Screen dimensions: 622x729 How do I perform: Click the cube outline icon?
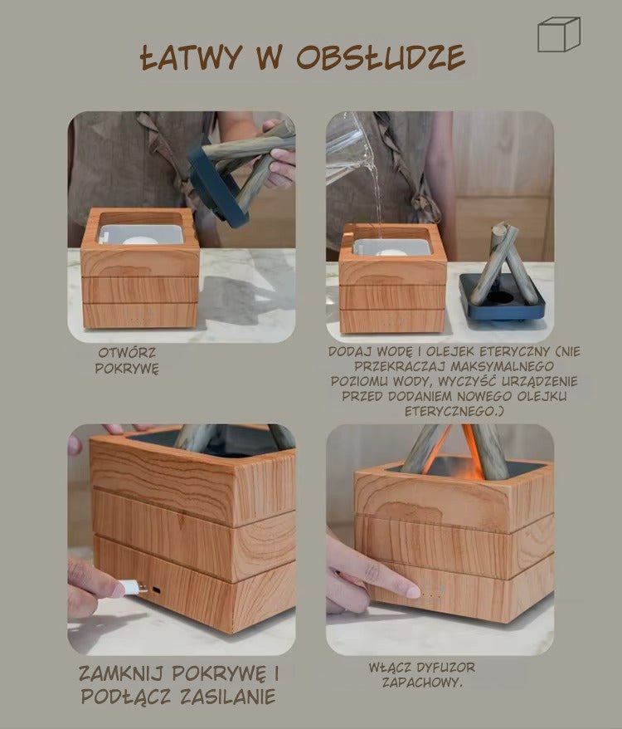559,34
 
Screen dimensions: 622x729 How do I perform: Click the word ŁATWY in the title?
191,57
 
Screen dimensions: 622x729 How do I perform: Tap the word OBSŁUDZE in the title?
381,57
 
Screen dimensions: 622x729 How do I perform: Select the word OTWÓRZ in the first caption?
127,352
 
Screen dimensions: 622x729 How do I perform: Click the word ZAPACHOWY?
422,683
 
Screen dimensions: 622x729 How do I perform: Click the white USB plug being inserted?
132,588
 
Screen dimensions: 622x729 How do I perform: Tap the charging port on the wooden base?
157,590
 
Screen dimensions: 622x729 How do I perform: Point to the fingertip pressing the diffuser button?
412,592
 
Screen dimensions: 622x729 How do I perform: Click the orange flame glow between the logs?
467,447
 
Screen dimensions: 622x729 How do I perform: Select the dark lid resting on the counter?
502,298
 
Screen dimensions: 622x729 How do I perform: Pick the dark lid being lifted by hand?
217,186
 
